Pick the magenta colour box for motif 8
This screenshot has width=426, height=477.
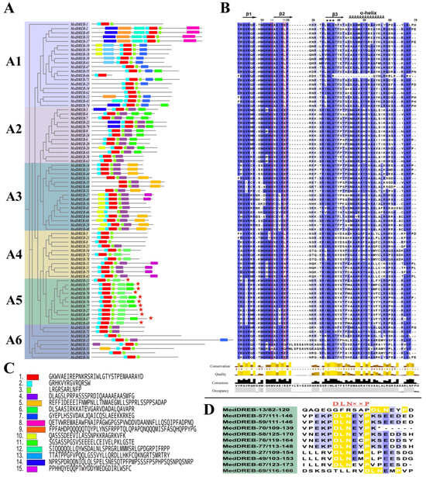[32, 421]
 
